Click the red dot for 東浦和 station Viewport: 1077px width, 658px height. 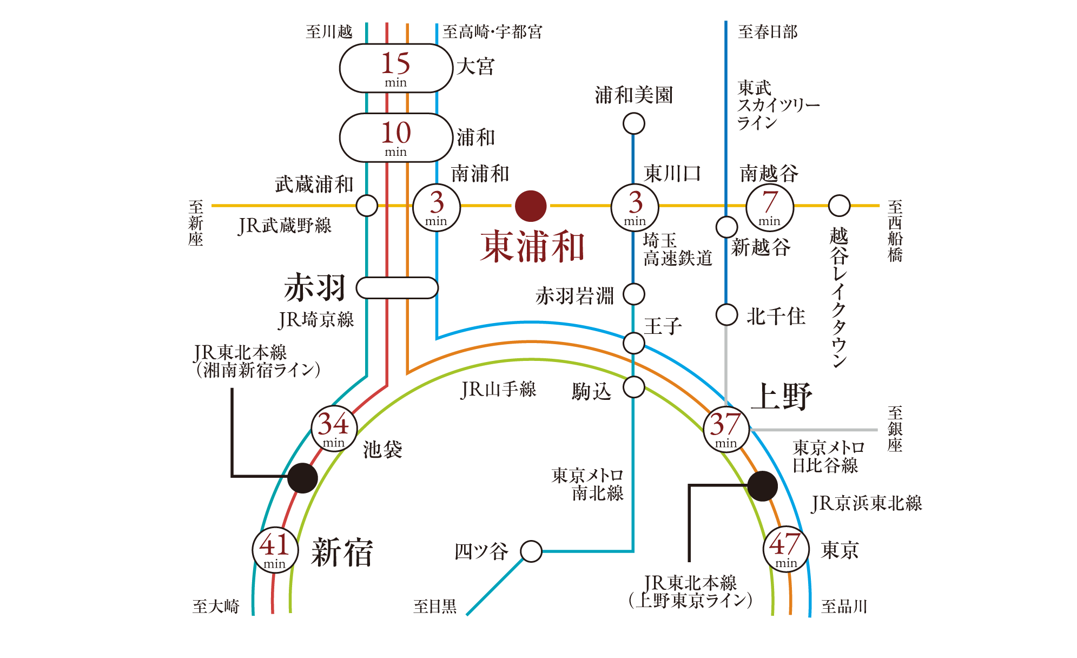(x=531, y=206)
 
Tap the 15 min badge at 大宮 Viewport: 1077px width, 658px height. (x=396, y=68)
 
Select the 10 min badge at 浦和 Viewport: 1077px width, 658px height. (x=396, y=137)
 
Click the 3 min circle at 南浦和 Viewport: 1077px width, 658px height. (x=437, y=208)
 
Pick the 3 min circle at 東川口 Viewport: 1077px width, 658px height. (x=635, y=208)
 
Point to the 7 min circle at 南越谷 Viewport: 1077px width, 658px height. (x=770, y=208)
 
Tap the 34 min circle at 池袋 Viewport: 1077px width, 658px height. (x=334, y=429)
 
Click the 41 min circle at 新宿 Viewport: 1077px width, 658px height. (x=275, y=550)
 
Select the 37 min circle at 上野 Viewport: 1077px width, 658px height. (x=726, y=430)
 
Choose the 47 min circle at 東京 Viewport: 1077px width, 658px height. (x=786, y=549)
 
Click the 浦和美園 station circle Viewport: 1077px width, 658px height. (x=634, y=123)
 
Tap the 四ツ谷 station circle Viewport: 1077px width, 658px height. (x=531, y=551)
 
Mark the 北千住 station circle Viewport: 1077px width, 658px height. (x=727, y=314)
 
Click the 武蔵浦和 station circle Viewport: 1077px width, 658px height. (x=367, y=206)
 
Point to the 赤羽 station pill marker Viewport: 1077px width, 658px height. (x=397, y=288)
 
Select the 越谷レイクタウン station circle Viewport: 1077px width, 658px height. (x=840, y=206)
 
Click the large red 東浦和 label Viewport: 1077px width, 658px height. (x=533, y=247)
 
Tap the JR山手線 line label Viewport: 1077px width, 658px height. (x=498, y=390)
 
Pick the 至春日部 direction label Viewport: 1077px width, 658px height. (x=768, y=32)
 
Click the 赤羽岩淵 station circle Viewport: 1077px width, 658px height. (x=634, y=294)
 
